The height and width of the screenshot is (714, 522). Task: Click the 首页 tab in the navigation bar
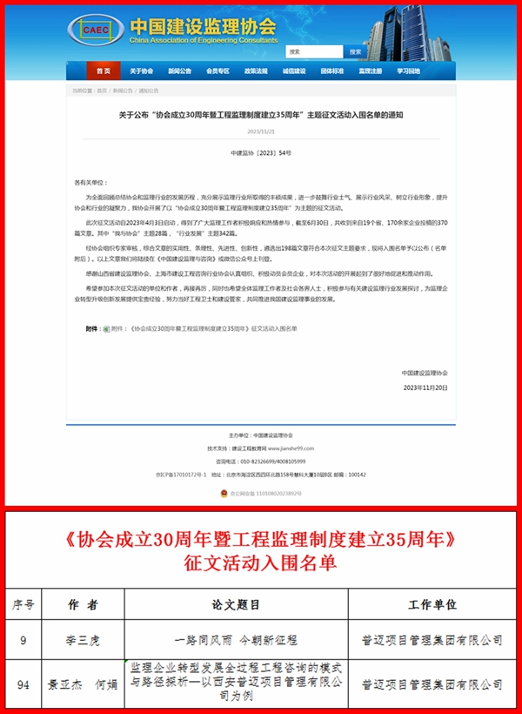pos(104,71)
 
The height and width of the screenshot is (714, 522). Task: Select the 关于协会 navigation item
pos(141,71)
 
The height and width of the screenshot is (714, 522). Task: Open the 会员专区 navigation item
pos(217,71)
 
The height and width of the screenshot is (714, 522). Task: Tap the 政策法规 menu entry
pos(256,71)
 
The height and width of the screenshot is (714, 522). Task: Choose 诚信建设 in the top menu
pos(294,71)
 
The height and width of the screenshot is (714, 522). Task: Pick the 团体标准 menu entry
pos(331,71)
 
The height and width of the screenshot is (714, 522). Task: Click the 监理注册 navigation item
pos(371,71)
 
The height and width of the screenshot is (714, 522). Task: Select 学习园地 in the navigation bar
pos(409,71)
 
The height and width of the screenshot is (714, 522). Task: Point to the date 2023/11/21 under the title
pos(260,131)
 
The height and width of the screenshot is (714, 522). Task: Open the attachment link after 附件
pos(212,328)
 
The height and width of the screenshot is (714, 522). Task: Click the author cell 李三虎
pos(83,641)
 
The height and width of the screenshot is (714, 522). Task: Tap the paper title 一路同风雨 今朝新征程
pos(237,641)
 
